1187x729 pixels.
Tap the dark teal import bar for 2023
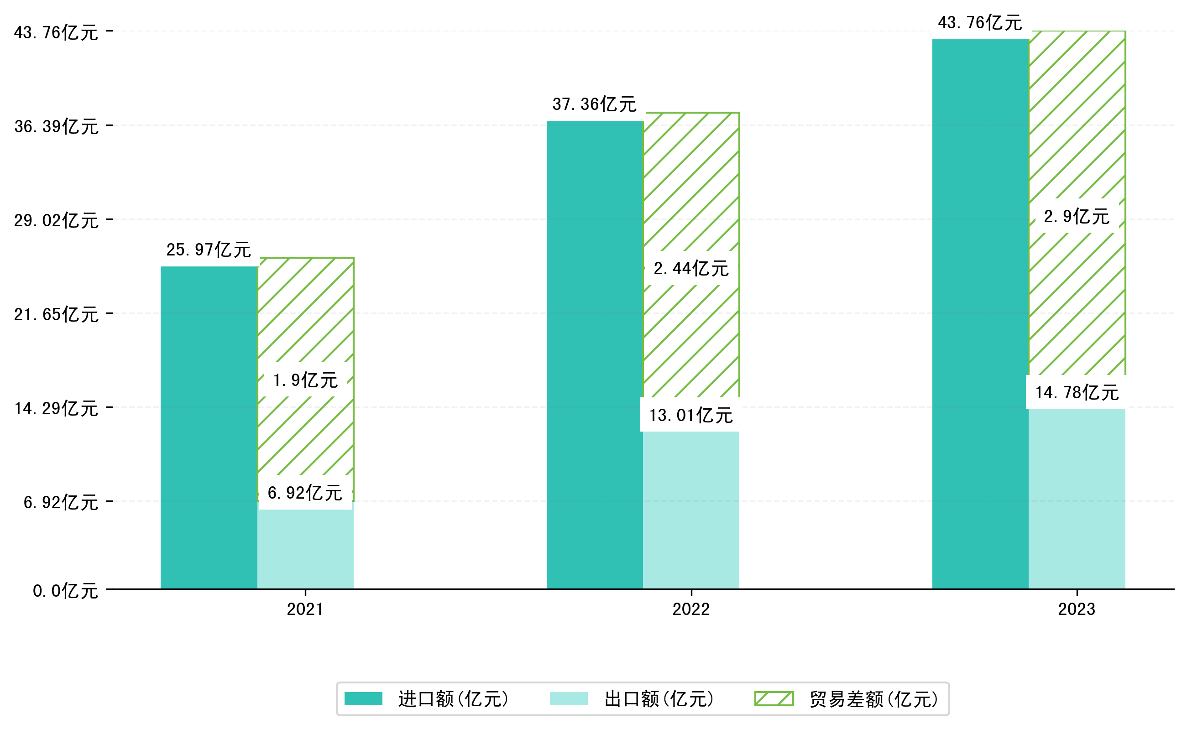point(980,313)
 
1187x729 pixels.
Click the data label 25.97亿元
point(209,250)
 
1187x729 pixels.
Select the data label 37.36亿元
point(594,104)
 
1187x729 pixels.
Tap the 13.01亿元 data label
point(690,415)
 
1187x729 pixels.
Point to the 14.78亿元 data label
point(1077,392)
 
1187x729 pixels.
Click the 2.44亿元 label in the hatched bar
point(690,269)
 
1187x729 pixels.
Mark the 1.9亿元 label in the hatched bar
point(305,380)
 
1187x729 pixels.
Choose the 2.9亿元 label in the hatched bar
point(1077,217)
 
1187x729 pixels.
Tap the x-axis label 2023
point(1077,609)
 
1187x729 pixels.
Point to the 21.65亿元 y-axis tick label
point(56,315)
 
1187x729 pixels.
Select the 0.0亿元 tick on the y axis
point(65,591)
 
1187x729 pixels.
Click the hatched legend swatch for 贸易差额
point(774,698)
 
